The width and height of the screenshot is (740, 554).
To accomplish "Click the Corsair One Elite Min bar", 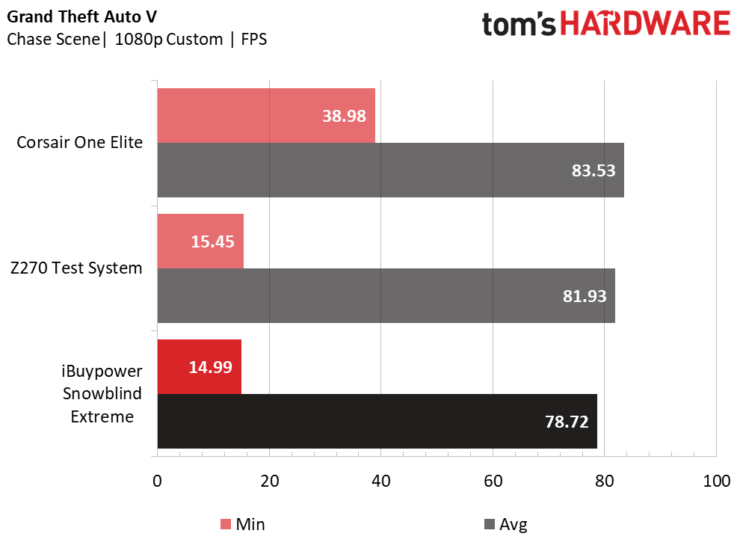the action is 266,116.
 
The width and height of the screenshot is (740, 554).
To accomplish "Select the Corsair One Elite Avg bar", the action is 391,170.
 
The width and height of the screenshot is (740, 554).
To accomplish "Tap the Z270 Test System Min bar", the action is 200,241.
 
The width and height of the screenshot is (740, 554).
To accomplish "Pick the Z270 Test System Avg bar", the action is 386,296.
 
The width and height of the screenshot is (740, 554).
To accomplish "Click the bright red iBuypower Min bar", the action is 199,366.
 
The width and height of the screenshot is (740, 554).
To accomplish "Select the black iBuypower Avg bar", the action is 377,422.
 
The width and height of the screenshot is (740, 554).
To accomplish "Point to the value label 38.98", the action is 344,116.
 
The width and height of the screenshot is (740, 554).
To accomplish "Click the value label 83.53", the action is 593,170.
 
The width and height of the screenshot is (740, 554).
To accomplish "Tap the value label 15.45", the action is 212,241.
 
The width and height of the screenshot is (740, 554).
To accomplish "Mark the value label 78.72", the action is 567,422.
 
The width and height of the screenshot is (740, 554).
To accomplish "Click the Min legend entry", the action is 243,524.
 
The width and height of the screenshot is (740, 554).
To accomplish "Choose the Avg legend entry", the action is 506,524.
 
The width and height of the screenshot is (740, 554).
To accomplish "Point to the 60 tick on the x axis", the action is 493,481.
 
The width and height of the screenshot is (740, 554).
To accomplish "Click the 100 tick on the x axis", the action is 716,481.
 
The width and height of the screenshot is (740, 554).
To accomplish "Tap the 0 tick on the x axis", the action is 157,481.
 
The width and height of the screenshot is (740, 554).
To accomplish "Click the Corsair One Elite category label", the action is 79,142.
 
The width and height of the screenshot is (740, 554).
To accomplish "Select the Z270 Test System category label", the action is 76,268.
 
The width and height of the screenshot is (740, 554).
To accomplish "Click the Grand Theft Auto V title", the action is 81,16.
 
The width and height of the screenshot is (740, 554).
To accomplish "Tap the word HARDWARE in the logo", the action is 645,24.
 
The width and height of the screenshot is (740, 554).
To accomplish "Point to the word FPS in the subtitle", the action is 254,39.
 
